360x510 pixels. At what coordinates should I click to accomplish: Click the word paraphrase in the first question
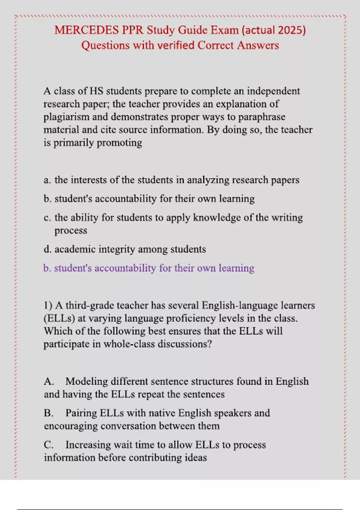tap(262, 117)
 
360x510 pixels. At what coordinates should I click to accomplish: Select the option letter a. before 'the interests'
tap(47, 180)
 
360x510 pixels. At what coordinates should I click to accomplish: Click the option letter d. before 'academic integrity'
tap(47, 249)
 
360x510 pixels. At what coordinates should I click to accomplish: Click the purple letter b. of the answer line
tap(47, 268)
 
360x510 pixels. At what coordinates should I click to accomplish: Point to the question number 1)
tap(48, 305)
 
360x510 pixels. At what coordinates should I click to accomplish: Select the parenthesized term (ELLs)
tap(59, 318)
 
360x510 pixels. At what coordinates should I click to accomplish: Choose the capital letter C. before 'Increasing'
tap(48, 445)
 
